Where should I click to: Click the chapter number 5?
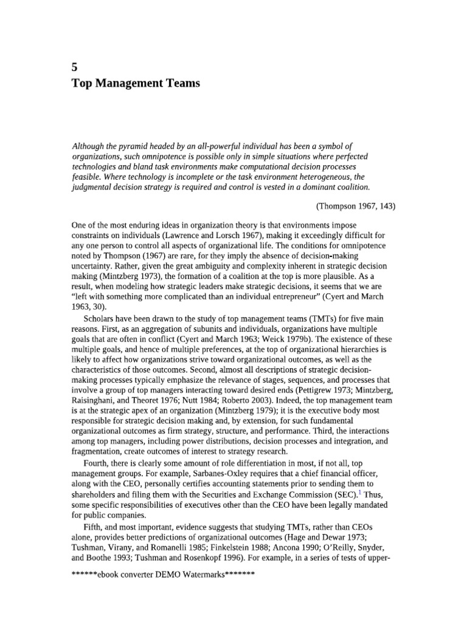(75, 67)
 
